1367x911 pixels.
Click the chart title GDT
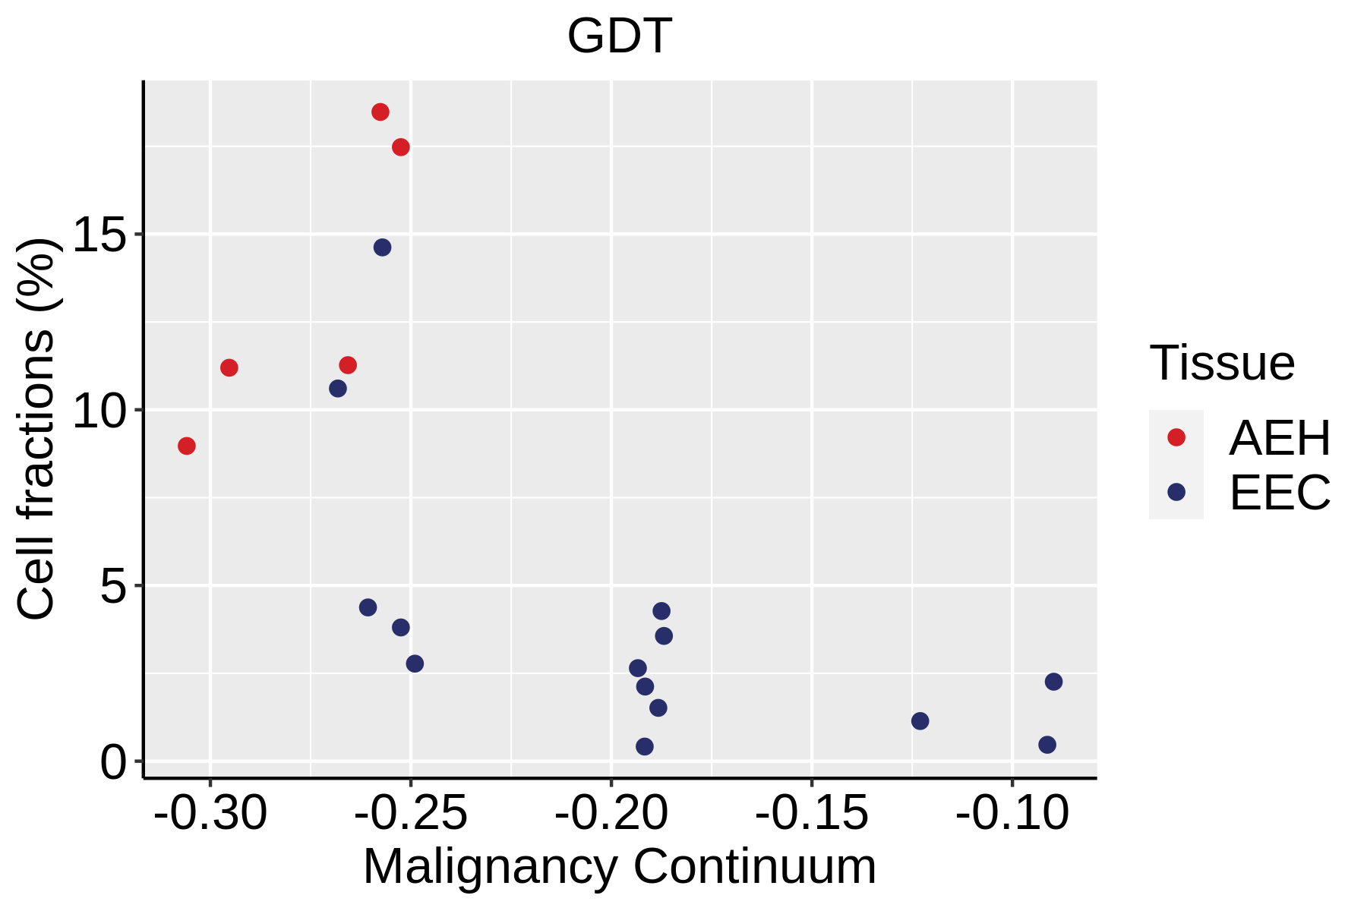pyautogui.click(x=619, y=36)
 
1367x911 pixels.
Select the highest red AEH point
pyautogui.click(x=380, y=112)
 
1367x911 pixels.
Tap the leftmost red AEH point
pyautogui.click(x=187, y=446)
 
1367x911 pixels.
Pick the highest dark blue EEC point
pyautogui.click(x=382, y=247)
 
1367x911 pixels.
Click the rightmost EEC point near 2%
pyautogui.click(x=1053, y=682)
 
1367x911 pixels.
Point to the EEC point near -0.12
pyautogui.click(x=920, y=720)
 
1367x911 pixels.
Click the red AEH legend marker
pyautogui.click(x=1176, y=437)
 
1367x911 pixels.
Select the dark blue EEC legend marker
pyautogui.click(x=1176, y=492)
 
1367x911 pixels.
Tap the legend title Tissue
pyautogui.click(x=1222, y=363)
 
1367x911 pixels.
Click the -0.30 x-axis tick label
pyautogui.click(x=210, y=814)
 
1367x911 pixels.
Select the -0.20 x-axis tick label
pyautogui.click(x=611, y=814)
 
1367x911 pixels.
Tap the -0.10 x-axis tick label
pyautogui.click(x=1012, y=814)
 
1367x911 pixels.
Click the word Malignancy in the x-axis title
pyautogui.click(x=490, y=867)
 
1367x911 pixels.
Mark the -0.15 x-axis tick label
pyautogui.click(x=812, y=814)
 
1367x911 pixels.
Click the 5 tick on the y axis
pyautogui.click(x=113, y=587)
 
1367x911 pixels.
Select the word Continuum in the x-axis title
pyautogui.click(x=754, y=867)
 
